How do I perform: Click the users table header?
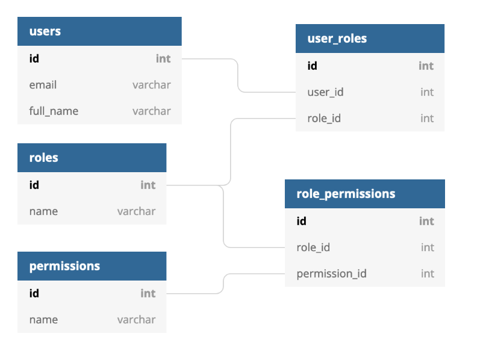[x=45, y=31]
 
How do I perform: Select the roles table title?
[x=44, y=158]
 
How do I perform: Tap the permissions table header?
[x=64, y=266]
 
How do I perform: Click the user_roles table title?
[x=337, y=39]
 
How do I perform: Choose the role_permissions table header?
[x=346, y=194]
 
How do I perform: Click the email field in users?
[x=43, y=85]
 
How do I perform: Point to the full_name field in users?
[x=54, y=111]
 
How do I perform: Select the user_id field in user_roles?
[x=325, y=92]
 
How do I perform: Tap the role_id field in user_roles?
[x=324, y=119]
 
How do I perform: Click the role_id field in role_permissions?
[x=313, y=247]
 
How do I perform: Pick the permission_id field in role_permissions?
[x=331, y=274]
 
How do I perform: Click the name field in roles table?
[x=43, y=211]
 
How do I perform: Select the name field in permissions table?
[x=43, y=320]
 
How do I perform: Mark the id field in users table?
[x=34, y=58]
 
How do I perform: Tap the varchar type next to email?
[x=151, y=85]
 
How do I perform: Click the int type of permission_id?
[x=427, y=274]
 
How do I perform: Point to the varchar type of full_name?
[x=151, y=111]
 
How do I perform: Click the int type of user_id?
[x=427, y=92]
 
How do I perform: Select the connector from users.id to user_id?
[x=238, y=75]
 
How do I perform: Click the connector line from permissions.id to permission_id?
[x=224, y=284]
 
